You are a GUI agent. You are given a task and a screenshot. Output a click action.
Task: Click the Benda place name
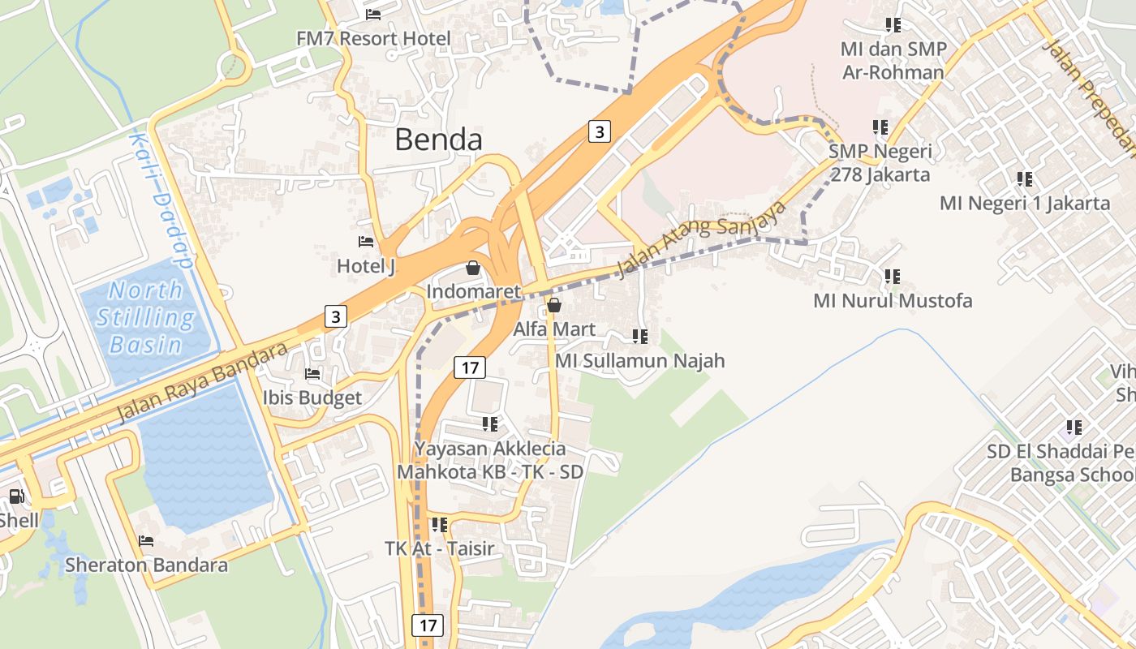[x=438, y=140]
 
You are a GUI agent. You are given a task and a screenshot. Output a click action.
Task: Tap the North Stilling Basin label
[x=146, y=317]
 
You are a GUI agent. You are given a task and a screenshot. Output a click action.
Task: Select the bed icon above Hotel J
[x=366, y=242]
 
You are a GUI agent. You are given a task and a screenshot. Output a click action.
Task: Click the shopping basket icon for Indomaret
[x=473, y=267]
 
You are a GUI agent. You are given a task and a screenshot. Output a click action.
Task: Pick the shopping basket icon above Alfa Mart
[x=554, y=305]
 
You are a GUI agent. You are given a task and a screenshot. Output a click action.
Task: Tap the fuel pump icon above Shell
[x=17, y=496]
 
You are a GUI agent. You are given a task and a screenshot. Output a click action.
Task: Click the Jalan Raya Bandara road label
[x=202, y=382]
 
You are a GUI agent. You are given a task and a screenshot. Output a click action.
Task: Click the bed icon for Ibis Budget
[x=312, y=373]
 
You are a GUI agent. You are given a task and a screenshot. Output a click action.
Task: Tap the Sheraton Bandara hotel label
[x=146, y=565]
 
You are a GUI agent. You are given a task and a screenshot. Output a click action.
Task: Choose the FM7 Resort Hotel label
[x=373, y=38]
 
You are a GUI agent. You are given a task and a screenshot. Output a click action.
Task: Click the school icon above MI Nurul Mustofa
[x=893, y=277]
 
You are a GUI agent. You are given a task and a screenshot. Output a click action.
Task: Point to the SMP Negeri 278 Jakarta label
[x=880, y=162]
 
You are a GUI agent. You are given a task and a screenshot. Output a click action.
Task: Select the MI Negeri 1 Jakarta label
[x=1024, y=203]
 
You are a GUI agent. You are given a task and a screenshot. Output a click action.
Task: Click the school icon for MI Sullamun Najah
[x=639, y=336]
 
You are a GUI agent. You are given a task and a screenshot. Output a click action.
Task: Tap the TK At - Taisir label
[x=439, y=548]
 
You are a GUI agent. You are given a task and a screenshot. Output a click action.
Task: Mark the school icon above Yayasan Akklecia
[x=490, y=424]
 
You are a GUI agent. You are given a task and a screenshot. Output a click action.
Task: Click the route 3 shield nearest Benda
[x=599, y=131]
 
